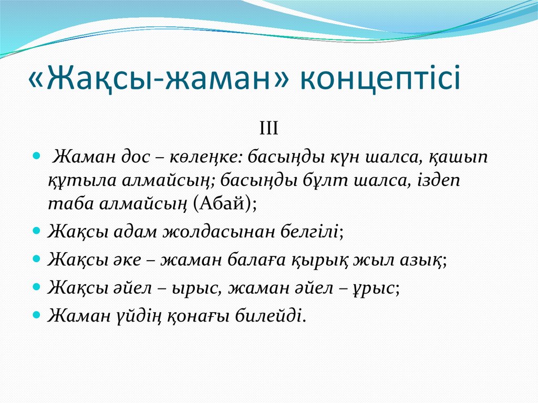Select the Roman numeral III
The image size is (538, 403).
pyautogui.click(x=268, y=128)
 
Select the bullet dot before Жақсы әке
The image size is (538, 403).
pyautogui.click(x=36, y=259)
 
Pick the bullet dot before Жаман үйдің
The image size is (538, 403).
pyautogui.click(x=36, y=316)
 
